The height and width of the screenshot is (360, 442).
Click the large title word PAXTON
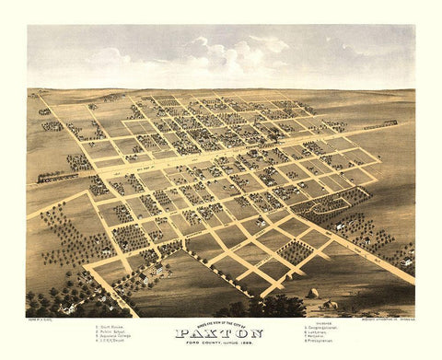pyautogui.click(x=222, y=333)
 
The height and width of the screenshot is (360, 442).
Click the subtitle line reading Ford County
pyautogui.click(x=222, y=344)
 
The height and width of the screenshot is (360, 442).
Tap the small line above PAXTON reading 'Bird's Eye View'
pyautogui.click(x=221, y=323)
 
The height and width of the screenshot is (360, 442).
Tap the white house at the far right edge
pyautogui.click(x=406, y=261)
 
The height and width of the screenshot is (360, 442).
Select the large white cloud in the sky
pyautogui.click(x=235, y=55)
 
